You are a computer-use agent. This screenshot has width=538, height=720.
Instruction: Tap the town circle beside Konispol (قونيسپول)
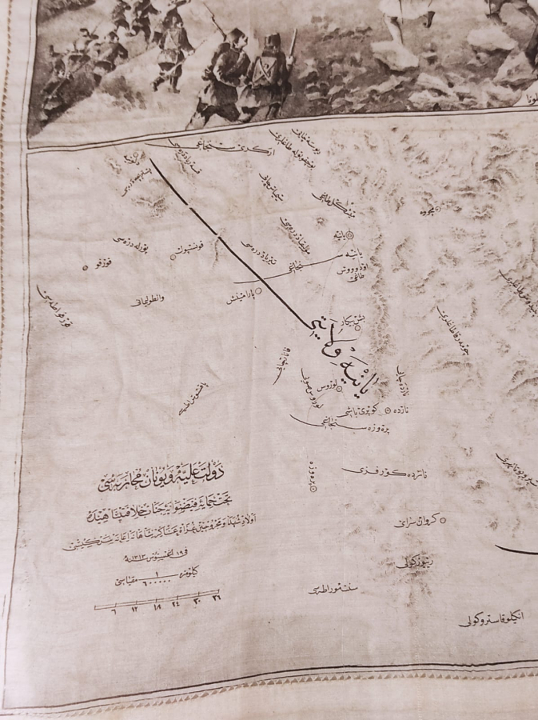coord(173,258)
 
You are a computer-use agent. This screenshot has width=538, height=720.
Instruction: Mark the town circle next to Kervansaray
coord(442,520)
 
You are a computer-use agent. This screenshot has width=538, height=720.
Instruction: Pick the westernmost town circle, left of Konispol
coord(86,266)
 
